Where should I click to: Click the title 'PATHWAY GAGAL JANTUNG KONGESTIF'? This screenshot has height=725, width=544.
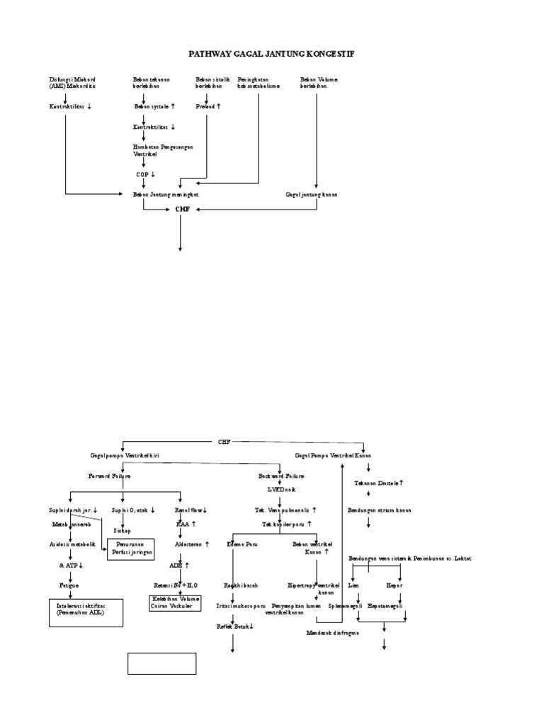coord(271,54)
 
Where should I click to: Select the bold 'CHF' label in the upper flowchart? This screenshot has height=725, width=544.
coord(183,210)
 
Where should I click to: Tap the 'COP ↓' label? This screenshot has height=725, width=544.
coord(145,173)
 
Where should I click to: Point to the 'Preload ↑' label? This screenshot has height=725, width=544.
coord(208,106)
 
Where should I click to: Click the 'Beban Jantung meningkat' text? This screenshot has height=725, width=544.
coord(166,193)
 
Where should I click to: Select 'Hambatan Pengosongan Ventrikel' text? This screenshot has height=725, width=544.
coord(163,149)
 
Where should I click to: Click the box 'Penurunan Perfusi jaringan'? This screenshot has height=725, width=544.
coord(130,549)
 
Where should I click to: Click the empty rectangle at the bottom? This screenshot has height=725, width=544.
coord(161,664)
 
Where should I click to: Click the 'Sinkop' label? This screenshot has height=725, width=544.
coord(122,530)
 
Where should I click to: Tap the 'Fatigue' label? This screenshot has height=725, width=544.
coord(69,586)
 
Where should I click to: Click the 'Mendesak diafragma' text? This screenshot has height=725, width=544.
coord(332,632)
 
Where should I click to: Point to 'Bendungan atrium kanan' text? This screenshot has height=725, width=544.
coord(379,510)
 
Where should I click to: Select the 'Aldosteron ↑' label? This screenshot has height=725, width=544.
coord(187,544)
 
